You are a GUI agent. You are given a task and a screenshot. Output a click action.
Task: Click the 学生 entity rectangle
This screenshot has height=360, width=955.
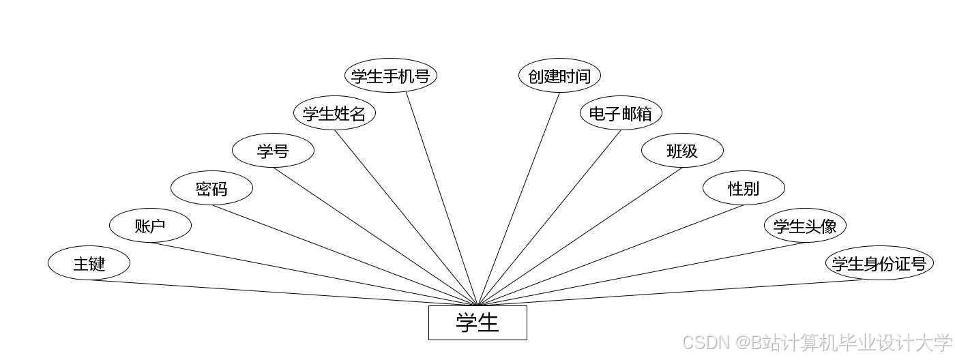[x=477, y=322]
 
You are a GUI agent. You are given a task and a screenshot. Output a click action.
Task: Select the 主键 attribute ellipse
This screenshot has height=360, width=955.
[x=89, y=263]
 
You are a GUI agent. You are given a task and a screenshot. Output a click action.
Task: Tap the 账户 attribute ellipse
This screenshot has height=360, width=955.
[x=150, y=226]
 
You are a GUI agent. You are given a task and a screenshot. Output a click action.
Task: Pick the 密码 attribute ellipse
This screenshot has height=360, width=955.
[x=211, y=188]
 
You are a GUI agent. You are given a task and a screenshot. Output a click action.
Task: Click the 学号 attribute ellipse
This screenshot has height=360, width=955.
[x=273, y=151]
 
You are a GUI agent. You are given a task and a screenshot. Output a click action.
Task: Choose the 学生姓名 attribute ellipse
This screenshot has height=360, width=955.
[x=334, y=113]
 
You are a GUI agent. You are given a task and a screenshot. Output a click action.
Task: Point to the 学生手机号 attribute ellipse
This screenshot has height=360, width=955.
[x=390, y=76]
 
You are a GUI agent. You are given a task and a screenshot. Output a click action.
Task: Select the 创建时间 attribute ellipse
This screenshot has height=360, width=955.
[x=559, y=76]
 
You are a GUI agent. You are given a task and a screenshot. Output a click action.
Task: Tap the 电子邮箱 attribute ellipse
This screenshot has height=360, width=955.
[x=621, y=113]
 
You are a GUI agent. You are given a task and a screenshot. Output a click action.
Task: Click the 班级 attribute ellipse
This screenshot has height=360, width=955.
[x=682, y=151]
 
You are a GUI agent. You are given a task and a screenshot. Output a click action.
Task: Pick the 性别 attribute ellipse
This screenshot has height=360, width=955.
[x=744, y=188]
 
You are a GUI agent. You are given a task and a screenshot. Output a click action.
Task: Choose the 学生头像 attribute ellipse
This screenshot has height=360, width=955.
[x=805, y=226]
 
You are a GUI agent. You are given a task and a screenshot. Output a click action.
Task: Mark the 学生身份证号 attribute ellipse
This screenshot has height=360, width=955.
[x=879, y=263]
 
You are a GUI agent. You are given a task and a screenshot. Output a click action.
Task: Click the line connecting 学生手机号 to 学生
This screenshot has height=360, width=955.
[x=442, y=198]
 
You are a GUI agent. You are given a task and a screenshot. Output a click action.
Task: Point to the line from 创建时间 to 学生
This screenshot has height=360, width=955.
[x=518, y=198]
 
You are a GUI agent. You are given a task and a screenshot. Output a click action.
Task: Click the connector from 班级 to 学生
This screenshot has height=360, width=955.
[x=580, y=237]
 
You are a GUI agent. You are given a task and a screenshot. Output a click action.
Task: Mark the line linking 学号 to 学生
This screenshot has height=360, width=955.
[x=375, y=237]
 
